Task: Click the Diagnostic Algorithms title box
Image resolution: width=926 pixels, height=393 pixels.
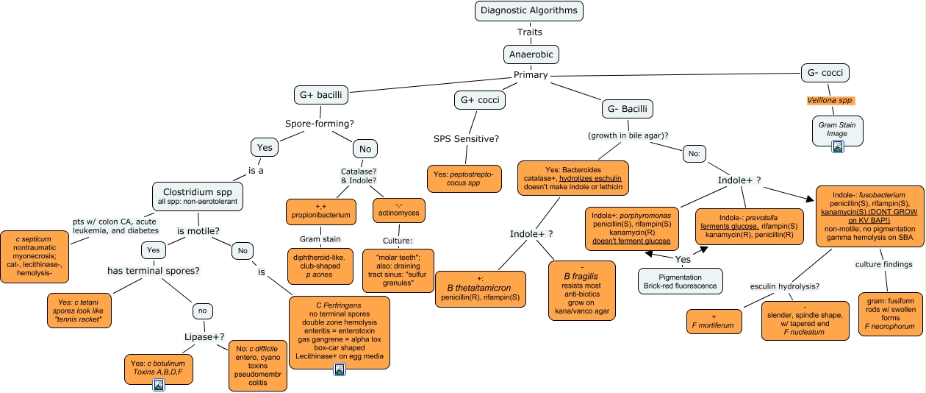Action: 530,10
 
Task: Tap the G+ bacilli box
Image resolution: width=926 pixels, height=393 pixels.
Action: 320,96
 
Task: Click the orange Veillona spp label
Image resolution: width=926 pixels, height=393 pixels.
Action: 830,100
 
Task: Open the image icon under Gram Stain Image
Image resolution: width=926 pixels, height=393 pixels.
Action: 837,146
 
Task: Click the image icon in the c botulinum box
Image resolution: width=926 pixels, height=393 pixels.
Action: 158,385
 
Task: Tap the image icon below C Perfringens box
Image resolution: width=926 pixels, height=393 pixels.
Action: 339,369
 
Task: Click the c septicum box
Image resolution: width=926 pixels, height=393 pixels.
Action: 35,256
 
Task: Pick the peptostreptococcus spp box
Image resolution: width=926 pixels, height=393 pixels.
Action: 463,177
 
